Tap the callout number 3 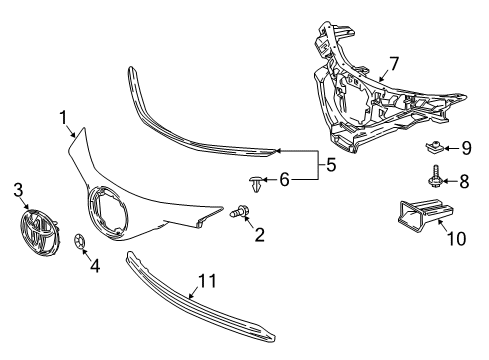point(18,189)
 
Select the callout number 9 point(465,148)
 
